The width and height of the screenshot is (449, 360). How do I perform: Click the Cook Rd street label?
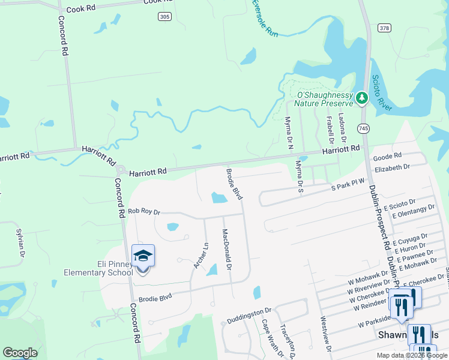tap(82, 10)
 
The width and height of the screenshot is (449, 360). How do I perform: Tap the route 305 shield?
tap(164, 16)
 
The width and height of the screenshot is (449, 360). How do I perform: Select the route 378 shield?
tap(385, 28)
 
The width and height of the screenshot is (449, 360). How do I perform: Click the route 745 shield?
tap(364, 128)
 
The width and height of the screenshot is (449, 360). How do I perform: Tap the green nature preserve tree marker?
tap(361, 97)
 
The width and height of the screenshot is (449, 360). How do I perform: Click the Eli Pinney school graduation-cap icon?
tap(143, 256)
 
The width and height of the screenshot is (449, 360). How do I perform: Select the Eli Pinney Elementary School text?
tap(98, 268)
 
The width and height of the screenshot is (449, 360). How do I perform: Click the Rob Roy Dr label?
tap(144, 212)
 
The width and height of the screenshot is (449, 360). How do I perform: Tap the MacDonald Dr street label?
tap(226, 249)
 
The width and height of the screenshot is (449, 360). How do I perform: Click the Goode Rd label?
tap(387, 157)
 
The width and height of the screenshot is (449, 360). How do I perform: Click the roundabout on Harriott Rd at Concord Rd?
tap(121, 170)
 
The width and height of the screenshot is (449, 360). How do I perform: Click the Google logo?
tap(20, 352)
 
